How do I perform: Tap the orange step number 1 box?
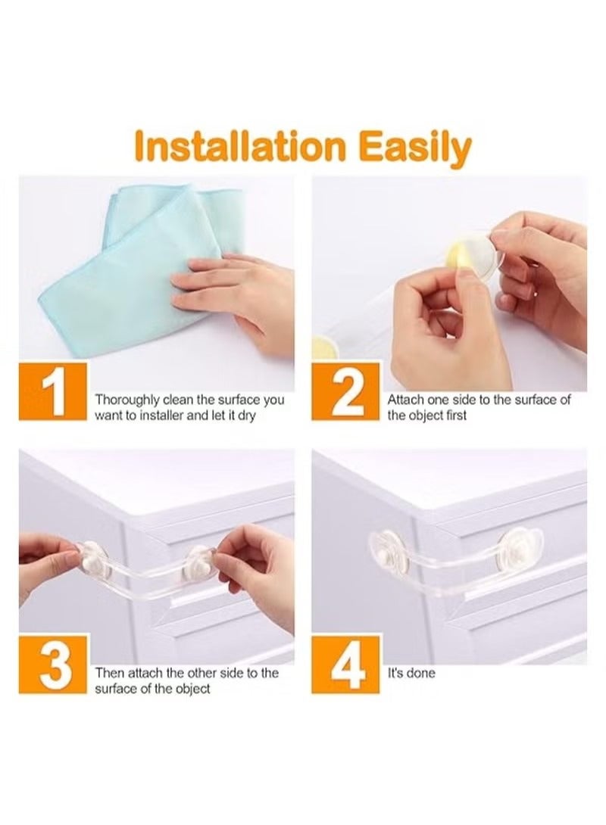coord(52,391)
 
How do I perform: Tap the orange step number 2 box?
coord(345,391)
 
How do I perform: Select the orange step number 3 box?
coord(52,664)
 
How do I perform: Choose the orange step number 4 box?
coord(345,664)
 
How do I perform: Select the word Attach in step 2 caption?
coord(405,400)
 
